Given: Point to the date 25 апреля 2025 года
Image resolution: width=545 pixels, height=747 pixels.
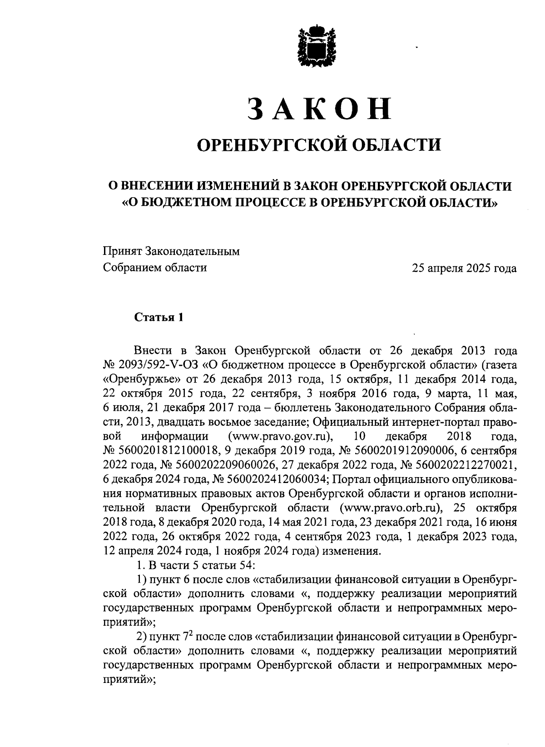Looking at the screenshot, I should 464,268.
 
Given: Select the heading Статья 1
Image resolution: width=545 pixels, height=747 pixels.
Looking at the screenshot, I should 159,317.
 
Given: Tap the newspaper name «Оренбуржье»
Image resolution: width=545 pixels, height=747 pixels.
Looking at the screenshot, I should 144,379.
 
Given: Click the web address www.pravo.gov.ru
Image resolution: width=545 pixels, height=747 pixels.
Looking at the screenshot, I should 282,437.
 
